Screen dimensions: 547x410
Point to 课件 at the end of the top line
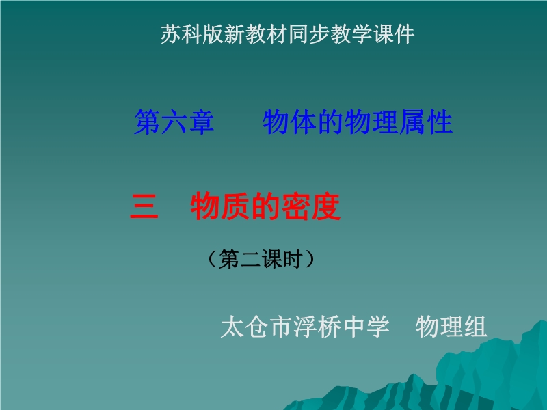[x=394, y=34]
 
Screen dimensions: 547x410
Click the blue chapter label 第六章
[x=174, y=122]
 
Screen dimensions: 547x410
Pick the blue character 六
[x=174, y=122]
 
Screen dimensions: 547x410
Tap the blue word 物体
[x=290, y=122]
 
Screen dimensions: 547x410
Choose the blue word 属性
[x=426, y=122]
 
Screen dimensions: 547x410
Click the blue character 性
[x=440, y=122]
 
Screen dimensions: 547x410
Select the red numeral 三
[x=144, y=206]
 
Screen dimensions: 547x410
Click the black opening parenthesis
[x=213, y=259]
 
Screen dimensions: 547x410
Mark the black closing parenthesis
[x=309, y=259]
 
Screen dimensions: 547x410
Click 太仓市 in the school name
[x=256, y=327]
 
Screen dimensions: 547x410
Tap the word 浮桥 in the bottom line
[x=317, y=327]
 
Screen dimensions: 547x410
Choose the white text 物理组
[x=451, y=327]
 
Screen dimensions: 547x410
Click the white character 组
[x=475, y=327]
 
